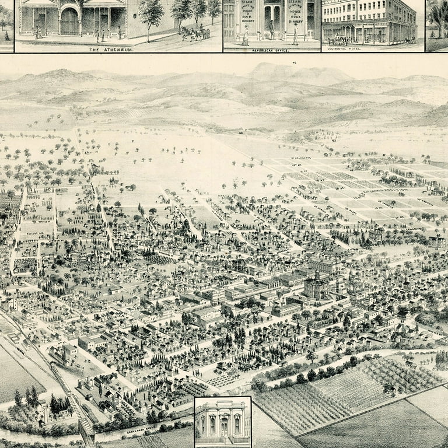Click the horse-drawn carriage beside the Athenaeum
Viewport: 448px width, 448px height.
click(x=195, y=33)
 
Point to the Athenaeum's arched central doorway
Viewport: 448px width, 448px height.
click(x=69, y=22)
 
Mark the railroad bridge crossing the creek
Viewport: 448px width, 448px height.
click(x=86, y=429)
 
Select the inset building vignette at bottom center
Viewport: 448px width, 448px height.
click(x=222, y=422)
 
